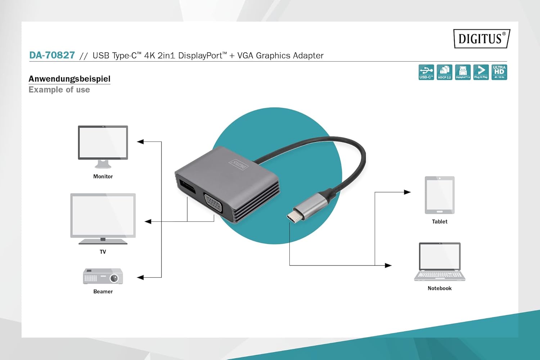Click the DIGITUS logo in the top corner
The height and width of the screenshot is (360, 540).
tap(481, 39)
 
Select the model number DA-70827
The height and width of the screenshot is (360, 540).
tap(52, 55)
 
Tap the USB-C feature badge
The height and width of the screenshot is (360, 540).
tap(426, 72)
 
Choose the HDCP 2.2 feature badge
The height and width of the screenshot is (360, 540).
tap(444, 72)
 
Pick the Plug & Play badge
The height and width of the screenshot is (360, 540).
tap(481, 72)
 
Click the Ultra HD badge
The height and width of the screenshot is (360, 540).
tap(499, 72)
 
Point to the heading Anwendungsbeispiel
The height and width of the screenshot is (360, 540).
tap(69, 79)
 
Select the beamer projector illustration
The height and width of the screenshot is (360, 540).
tap(103, 276)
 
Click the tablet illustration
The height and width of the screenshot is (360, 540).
tap(440, 195)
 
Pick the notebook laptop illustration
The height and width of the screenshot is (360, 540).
tap(440, 262)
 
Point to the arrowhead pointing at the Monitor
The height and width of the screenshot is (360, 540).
tap(140, 142)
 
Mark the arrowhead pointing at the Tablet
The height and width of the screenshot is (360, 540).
tap(407, 192)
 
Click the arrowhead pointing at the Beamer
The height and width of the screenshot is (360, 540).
tap(140, 278)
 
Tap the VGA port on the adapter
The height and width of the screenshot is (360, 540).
tap(213, 204)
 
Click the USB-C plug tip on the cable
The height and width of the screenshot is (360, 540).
tap(292, 217)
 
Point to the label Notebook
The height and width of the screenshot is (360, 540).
tap(440, 288)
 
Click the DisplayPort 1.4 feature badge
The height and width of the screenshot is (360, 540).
tap(463, 72)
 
